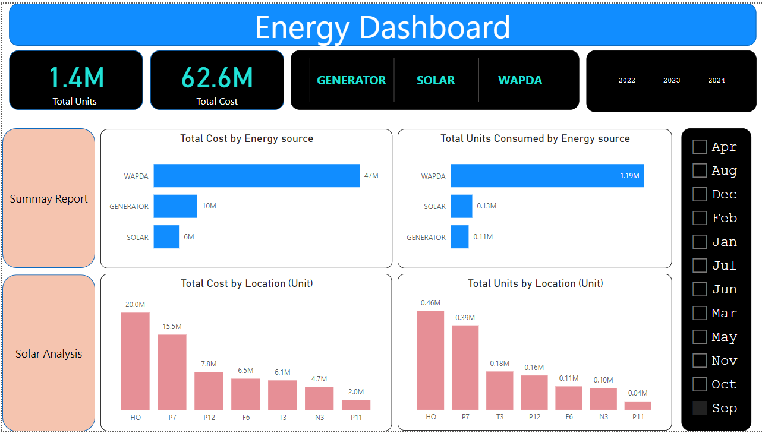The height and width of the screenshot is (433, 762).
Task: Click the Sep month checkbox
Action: tap(700, 408)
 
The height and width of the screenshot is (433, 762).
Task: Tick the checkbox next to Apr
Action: tap(700, 147)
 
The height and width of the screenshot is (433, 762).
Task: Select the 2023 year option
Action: tap(672, 80)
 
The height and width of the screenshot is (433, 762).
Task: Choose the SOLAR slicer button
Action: tap(436, 80)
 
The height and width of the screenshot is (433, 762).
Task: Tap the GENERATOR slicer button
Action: tap(351, 80)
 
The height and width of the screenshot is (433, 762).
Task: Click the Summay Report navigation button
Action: tap(49, 198)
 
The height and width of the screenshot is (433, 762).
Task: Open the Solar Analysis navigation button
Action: tap(49, 353)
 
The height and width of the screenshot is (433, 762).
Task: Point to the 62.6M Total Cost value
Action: tap(217, 78)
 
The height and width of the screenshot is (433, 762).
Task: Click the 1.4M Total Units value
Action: tap(76, 78)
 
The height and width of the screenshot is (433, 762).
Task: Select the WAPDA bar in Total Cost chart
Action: tap(256, 176)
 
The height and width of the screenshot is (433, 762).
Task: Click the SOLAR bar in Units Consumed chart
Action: tap(461, 206)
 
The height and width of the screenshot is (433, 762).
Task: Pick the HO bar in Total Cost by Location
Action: tap(135, 361)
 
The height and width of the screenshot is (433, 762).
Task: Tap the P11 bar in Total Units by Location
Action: tap(638, 406)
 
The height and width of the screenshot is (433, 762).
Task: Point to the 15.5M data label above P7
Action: tap(172, 327)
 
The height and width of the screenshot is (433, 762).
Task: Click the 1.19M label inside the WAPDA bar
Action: tap(629, 176)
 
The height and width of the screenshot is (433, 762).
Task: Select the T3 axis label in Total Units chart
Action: tap(500, 417)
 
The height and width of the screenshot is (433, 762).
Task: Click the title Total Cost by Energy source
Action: tap(247, 138)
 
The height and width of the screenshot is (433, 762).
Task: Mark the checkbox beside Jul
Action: tap(700, 266)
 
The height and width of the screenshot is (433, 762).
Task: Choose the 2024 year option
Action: tap(716, 80)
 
